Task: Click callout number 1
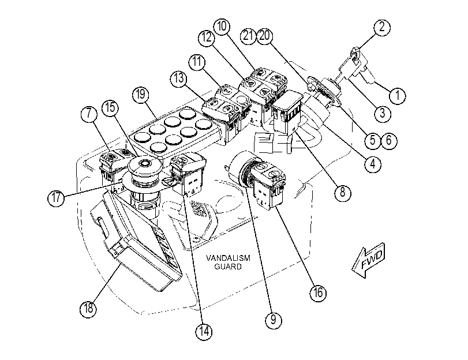397,96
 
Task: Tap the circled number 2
381,28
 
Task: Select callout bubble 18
88,308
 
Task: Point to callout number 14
204,331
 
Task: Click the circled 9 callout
273,320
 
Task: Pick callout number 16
317,292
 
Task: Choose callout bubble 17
56,197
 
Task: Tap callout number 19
141,95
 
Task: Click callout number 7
89,114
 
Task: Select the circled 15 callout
110,108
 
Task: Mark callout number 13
179,78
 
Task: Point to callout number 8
342,193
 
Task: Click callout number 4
373,164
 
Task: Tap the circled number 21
248,36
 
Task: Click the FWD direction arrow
368,260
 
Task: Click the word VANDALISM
228,258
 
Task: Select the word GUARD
228,267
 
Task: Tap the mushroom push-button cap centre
145,163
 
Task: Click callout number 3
383,114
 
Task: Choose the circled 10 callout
222,27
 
